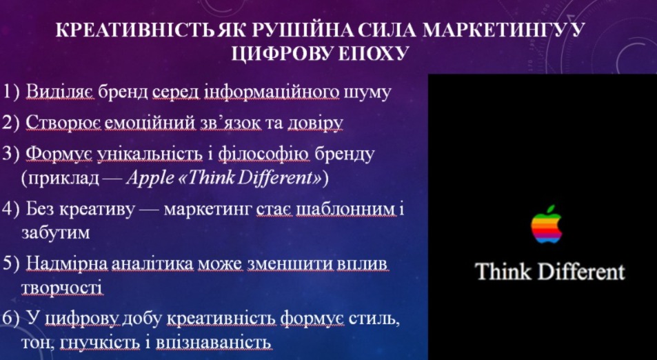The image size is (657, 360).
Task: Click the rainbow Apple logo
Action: pyautogui.click(x=546, y=224)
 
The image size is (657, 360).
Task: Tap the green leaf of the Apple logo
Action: pyautogui.click(x=551, y=208)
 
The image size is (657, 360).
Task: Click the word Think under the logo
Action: pyautogui.click(x=504, y=272)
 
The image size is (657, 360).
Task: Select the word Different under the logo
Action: pyautogui.click(x=581, y=272)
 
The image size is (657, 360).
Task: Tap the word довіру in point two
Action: pyautogui.click(x=315, y=123)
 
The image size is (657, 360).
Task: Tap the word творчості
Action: pyautogui.click(x=62, y=289)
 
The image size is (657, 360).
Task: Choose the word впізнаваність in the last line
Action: pyautogui.click(x=214, y=343)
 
